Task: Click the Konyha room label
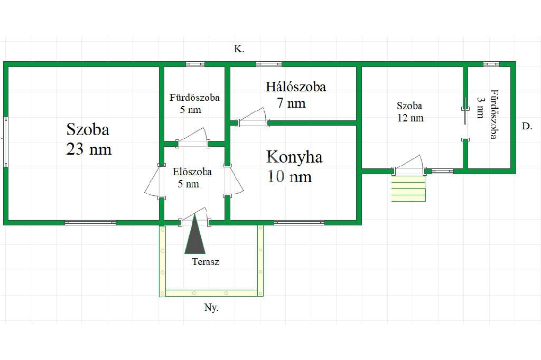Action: tap(294, 157)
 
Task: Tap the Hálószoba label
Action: tap(295, 87)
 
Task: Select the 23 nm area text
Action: tap(89, 149)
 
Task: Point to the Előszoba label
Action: tap(192, 172)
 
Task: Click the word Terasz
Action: tap(206, 262)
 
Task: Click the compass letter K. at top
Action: tap(239, 49)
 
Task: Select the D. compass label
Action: tap(526, 126)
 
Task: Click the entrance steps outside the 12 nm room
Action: tap(408, 188)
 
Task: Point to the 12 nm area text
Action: tap(410, 118)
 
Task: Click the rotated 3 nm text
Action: tap(480, 107)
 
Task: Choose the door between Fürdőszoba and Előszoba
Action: tap(192, 138)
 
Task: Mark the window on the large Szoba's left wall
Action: tap(6, 141)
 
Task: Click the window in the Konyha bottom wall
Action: tap(299, 223)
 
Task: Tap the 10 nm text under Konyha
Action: tap(290, 176)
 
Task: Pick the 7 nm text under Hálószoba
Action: tap(291, 103)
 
